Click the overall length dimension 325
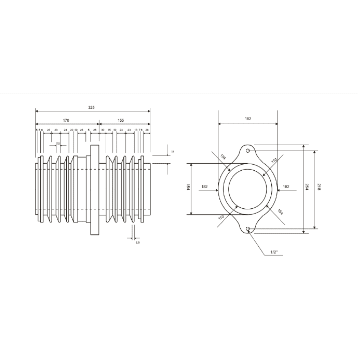[x=91, y=107]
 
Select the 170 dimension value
[x=66, y=120]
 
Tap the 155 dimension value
[x=121, y=120]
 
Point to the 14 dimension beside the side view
[x=173, y=152]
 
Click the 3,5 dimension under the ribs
[x=137, y=243]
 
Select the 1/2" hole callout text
[x=274, y=252]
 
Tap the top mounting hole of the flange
[x=248, y=151]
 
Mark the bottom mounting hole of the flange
[x=248, y=228]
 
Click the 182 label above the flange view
[x=248, y=119]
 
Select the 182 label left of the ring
[x=205, y=187]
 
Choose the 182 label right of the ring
[x=286, y=187]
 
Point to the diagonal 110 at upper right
[x=274, y=161]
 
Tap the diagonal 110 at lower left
[x=221, y=217]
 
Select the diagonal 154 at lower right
[x=280, y=212]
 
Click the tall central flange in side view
[x=95, y=190]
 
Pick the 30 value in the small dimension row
[x=103, y=130]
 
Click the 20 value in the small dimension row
[x=71, y=130]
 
